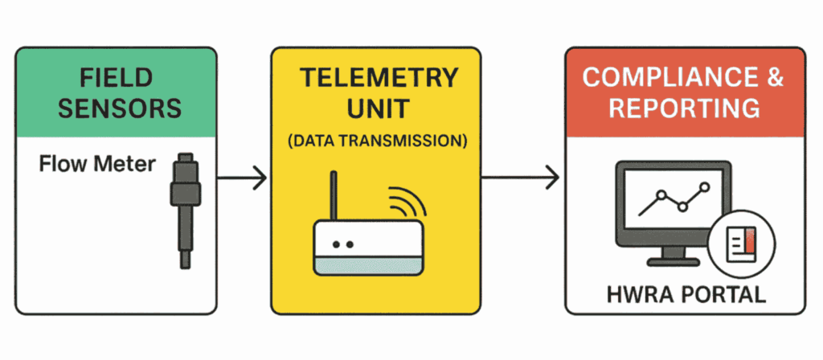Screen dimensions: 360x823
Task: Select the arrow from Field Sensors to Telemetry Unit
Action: (242, 178)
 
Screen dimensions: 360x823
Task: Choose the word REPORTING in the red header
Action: (682, 108)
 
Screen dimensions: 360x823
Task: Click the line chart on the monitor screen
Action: (674, 198)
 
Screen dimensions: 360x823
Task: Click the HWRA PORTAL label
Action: (685, 294)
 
